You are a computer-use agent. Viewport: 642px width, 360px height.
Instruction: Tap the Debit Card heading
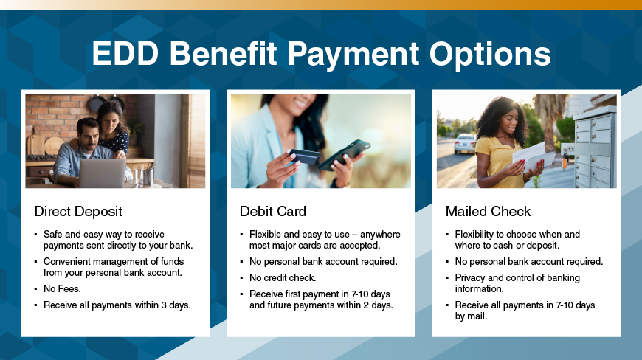(x=272, y=212)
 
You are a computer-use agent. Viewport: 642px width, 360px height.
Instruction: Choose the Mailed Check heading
(x=488, y=212)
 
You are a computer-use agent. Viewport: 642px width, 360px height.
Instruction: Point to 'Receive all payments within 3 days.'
(x=117, y=305)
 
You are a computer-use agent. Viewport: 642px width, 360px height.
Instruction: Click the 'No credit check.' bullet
(x=283, y=277)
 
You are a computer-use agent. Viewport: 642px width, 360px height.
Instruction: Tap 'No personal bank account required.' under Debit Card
(x=323, y=262)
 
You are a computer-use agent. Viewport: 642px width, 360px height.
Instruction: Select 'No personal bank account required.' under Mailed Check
(x=529, y=262)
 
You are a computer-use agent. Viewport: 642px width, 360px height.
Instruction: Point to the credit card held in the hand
(x=302, y=156)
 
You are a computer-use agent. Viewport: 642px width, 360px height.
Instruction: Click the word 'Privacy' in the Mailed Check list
(x=472, y=277)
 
